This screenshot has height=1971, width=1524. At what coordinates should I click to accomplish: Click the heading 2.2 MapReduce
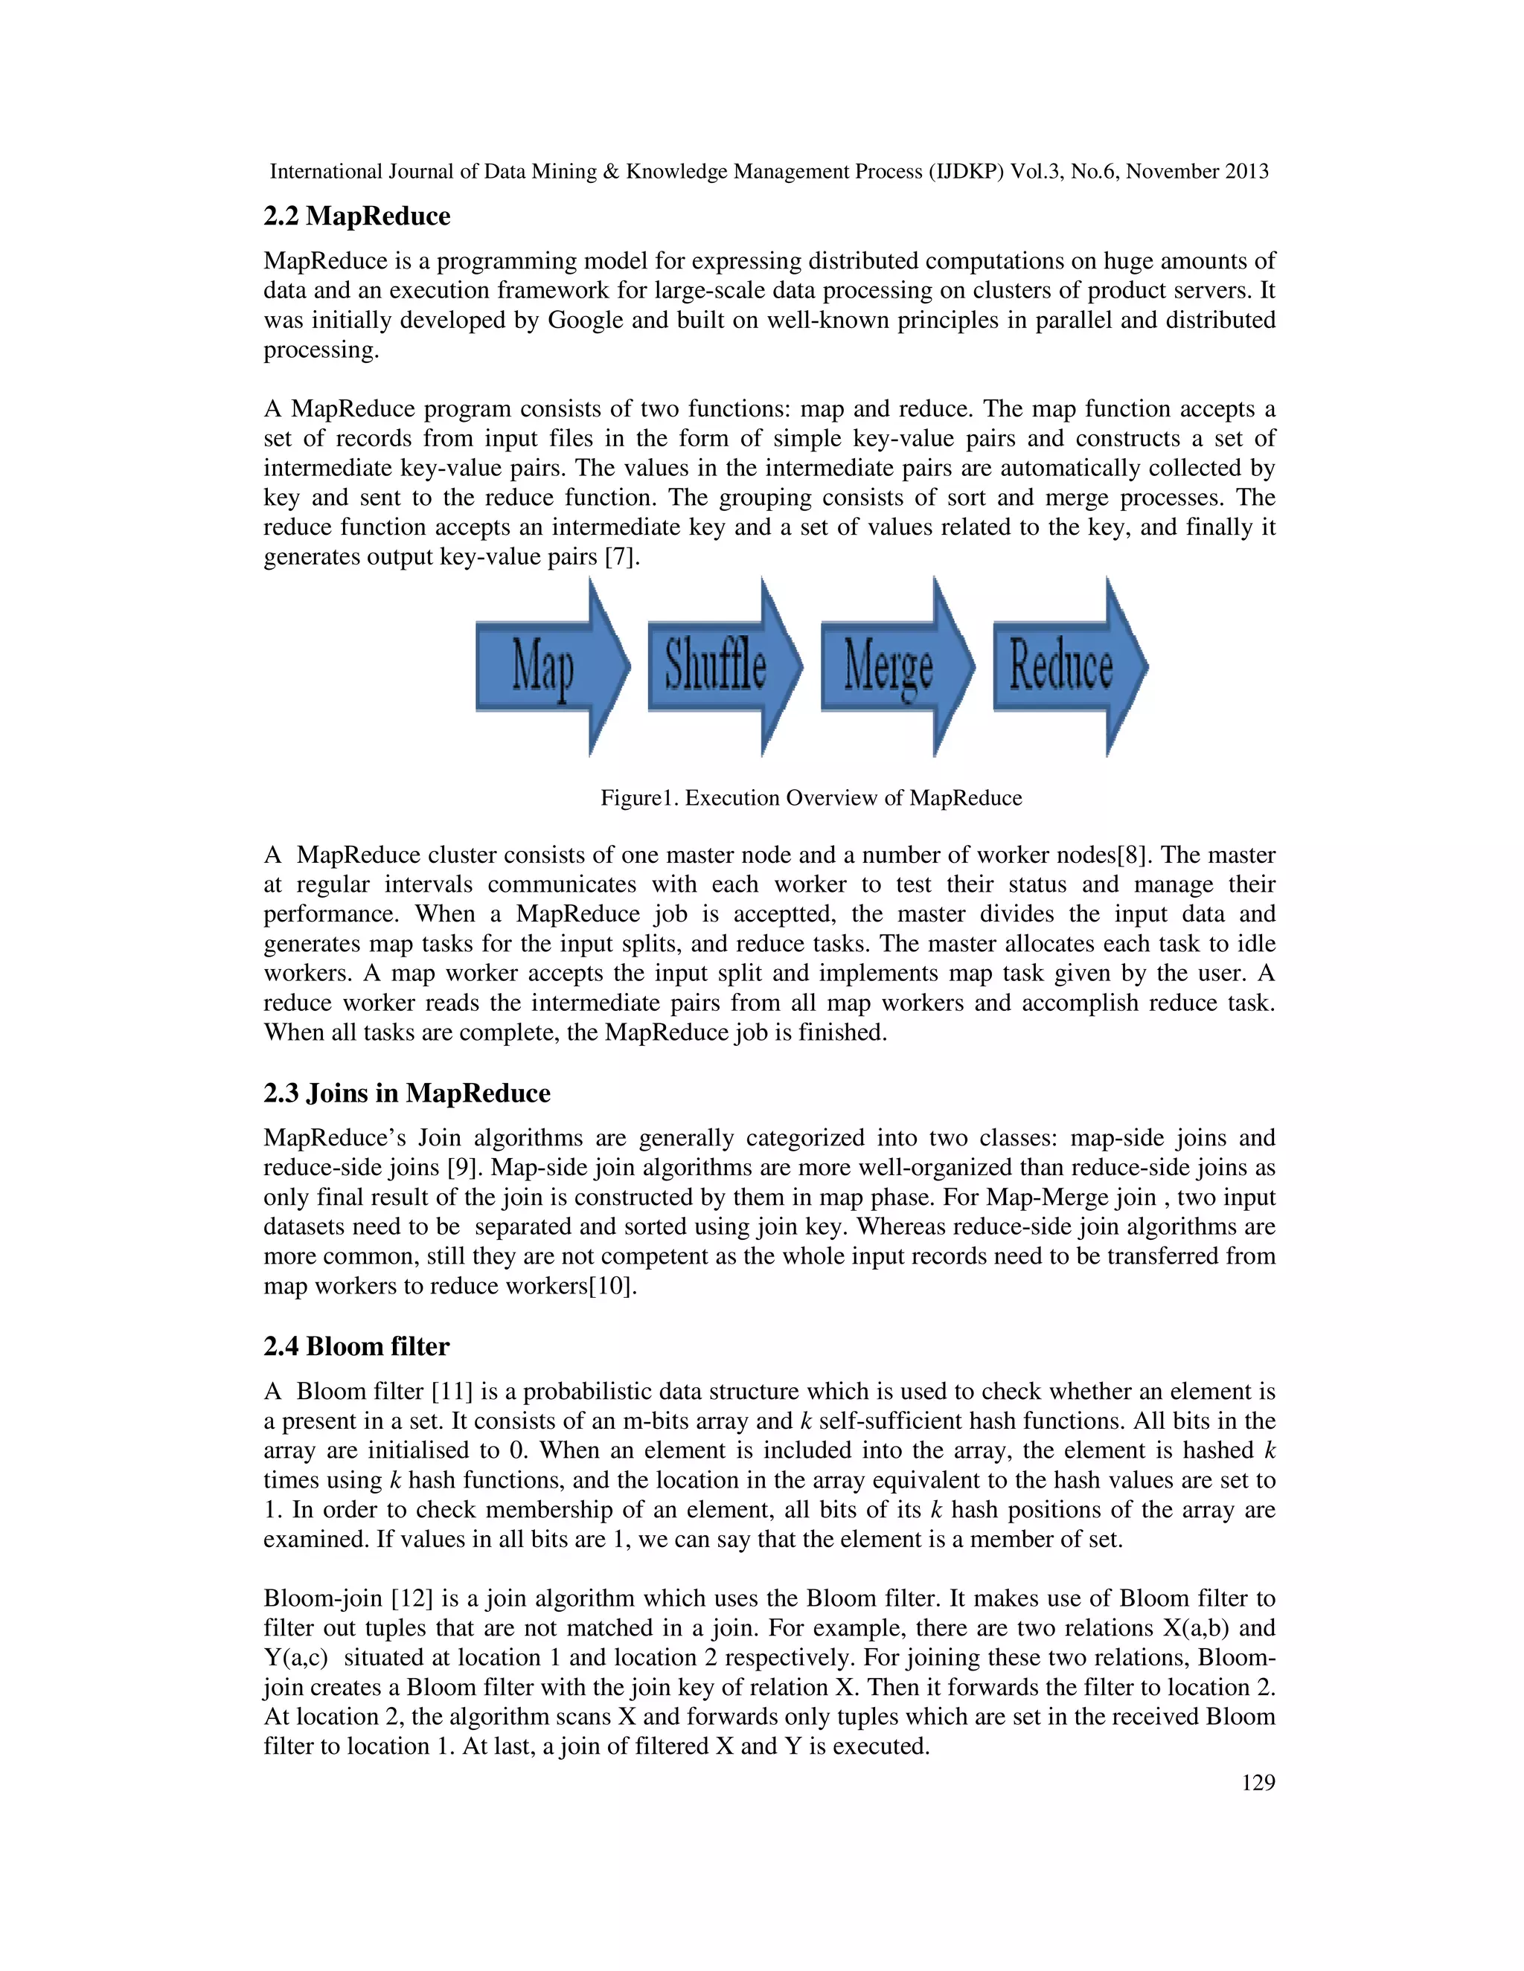(356, 216)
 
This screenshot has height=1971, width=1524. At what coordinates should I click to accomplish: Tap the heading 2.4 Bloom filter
(356, 1346)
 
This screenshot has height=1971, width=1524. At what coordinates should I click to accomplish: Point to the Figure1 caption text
(811, 798)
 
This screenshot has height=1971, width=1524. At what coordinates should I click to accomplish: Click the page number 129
(1258, 1782)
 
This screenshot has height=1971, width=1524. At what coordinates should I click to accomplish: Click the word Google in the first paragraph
(585, 321)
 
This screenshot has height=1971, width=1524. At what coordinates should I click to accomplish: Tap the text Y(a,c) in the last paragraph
(295, 1658)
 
